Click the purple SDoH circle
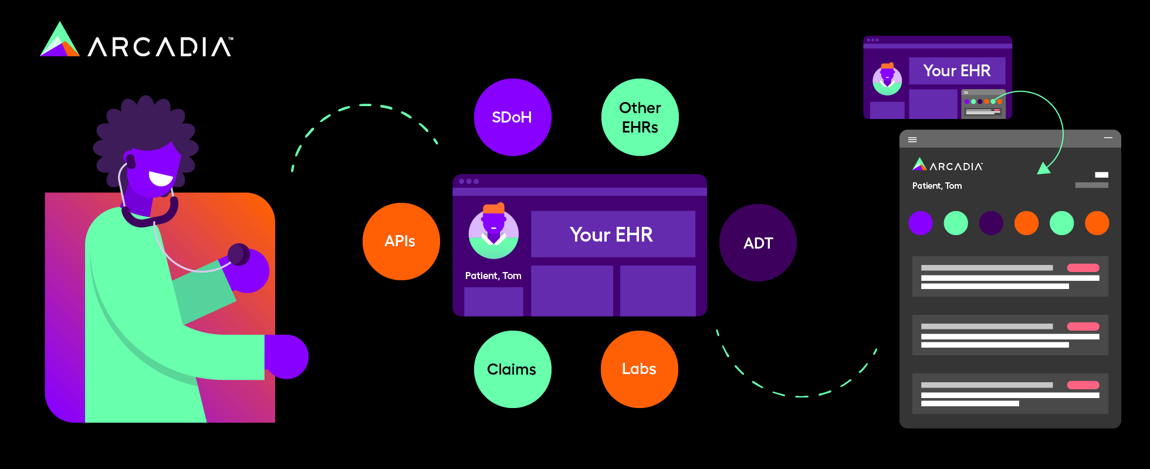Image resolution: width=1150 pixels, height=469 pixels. (x=512, y=117)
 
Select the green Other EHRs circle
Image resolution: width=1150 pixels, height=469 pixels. (x=640, y=117)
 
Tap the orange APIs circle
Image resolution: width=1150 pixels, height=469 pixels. (x=401, y=242)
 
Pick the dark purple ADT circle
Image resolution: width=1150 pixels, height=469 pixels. (x=757, y=243)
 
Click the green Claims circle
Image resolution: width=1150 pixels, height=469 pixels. (x=512, y=369)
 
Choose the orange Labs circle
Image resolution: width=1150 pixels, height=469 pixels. (x=639, y=369)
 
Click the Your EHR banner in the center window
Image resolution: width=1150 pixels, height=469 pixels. (x=613, y=235)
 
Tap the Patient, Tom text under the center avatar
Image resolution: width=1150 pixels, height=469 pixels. (x=493, y=276)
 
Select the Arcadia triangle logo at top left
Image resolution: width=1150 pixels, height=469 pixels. (x=59, y=41)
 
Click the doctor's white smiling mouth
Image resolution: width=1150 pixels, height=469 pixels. (x=160, y=178)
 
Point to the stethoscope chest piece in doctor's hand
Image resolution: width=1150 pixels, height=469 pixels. (x=239, y=254)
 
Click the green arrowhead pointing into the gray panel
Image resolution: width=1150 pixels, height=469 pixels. (x=1044, y=169)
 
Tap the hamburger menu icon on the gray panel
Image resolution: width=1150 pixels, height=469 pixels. (x=912, y=140)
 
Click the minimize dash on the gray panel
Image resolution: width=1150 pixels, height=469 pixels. (x=1108, y=138)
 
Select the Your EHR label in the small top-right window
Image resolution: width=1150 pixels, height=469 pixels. (x=956, y=71)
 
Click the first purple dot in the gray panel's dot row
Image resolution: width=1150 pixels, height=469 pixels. (x=920, y=223)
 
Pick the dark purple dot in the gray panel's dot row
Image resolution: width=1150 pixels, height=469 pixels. (x=991, y=223)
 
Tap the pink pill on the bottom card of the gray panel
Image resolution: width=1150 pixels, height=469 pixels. (x=1083, y=385)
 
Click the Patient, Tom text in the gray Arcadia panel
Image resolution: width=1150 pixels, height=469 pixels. (x=936, y=186)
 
